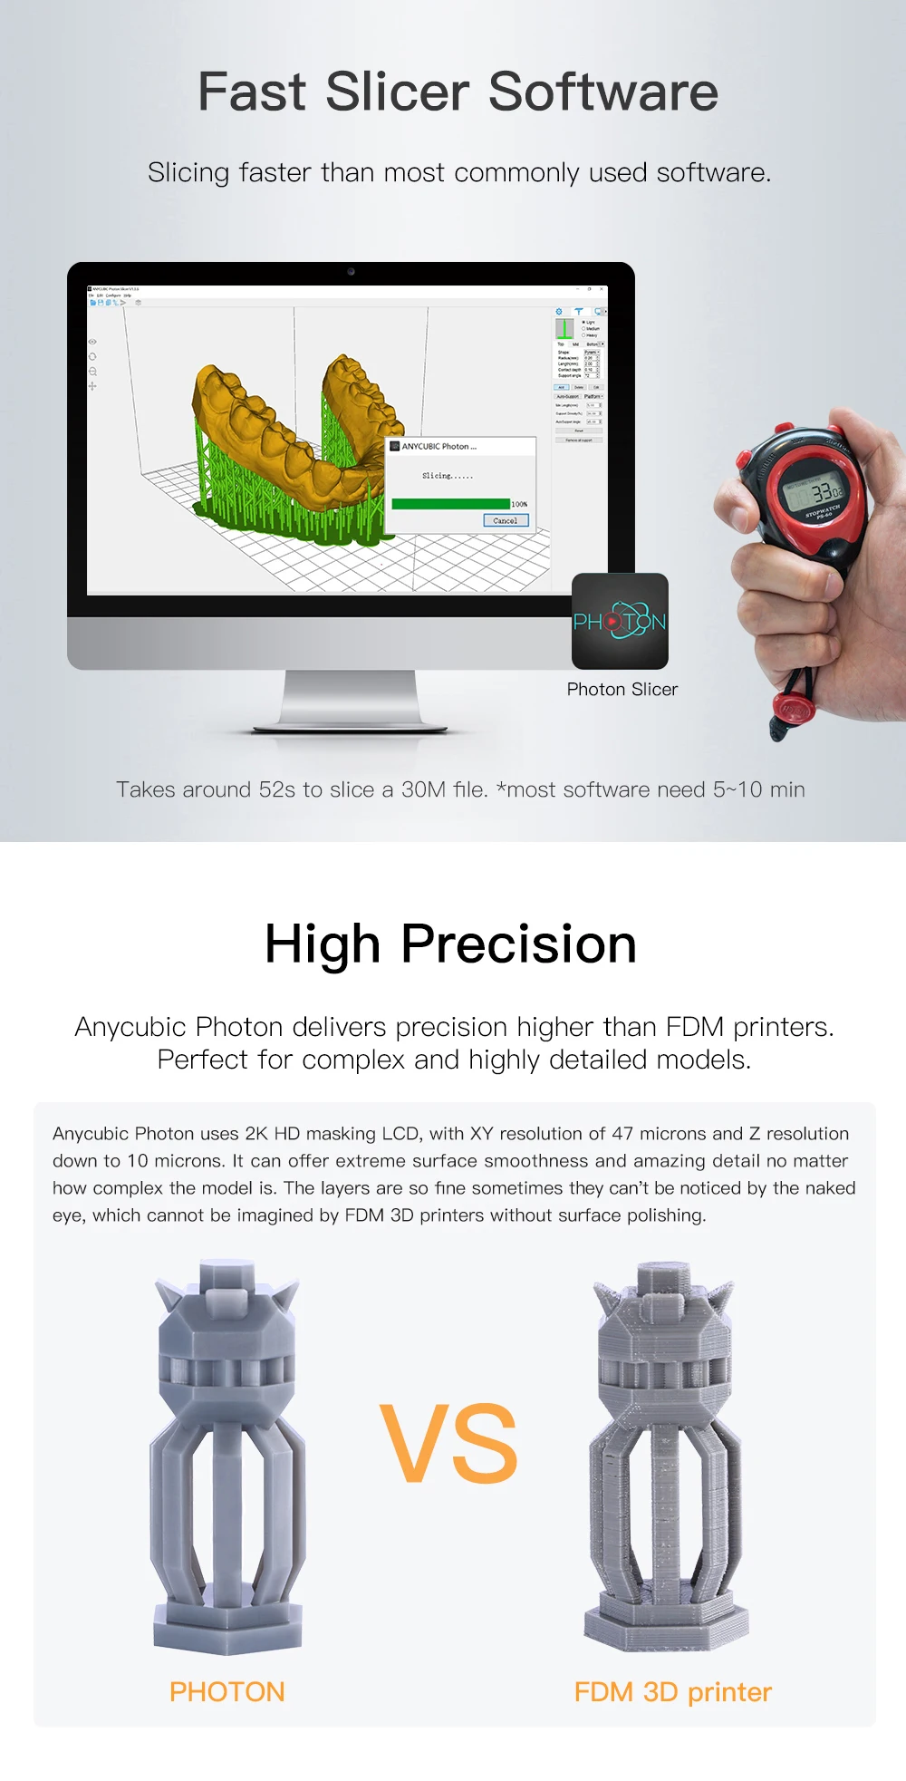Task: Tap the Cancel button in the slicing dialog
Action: tap(505, 520)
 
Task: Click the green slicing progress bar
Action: tap(450, 504)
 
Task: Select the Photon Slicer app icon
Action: tap(620, 621)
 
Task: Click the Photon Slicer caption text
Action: tap(622, 690)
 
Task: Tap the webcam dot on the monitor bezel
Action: tap(351, 271)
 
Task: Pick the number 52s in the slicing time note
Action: tap(277, 789)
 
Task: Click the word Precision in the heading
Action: tap(518, 944)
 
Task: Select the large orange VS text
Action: tap(449, 1444)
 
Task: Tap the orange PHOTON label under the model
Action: tap(226, 1692)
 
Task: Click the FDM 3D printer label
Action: tap(672, 1692)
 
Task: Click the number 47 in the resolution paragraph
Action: tap(622, 1134)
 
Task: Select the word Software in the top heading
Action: tap(603, 92)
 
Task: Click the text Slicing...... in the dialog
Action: tap(447, 476)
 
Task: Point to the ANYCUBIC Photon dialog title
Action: tap(439, 447)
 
